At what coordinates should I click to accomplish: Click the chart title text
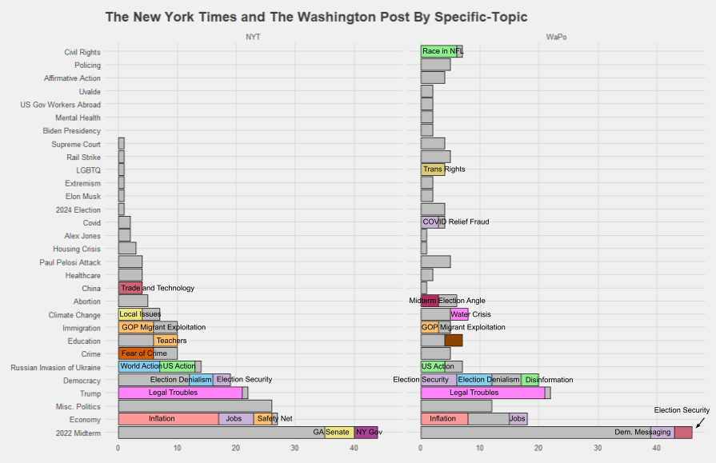(x=316, y=17)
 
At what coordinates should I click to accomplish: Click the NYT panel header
(x=253, y=37)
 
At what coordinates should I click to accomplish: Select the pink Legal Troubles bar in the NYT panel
(x=180, y=393)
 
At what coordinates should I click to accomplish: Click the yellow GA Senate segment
(x=338, y=432)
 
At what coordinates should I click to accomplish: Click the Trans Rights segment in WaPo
(x=432, y=170)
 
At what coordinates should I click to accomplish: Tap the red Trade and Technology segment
(x=130, y=288)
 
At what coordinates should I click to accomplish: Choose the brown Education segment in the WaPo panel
(x=453, y=340)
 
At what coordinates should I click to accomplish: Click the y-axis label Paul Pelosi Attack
(x=70, y=262)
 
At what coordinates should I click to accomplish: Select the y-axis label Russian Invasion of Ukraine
(x=55, y=367)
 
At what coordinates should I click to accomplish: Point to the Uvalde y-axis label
(x=90, y=91)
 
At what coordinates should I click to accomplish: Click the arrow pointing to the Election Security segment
(x=699, y=423)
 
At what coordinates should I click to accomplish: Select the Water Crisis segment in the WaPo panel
(x=459, y=314)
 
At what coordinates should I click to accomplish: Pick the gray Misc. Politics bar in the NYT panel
(x=194, y=405)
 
